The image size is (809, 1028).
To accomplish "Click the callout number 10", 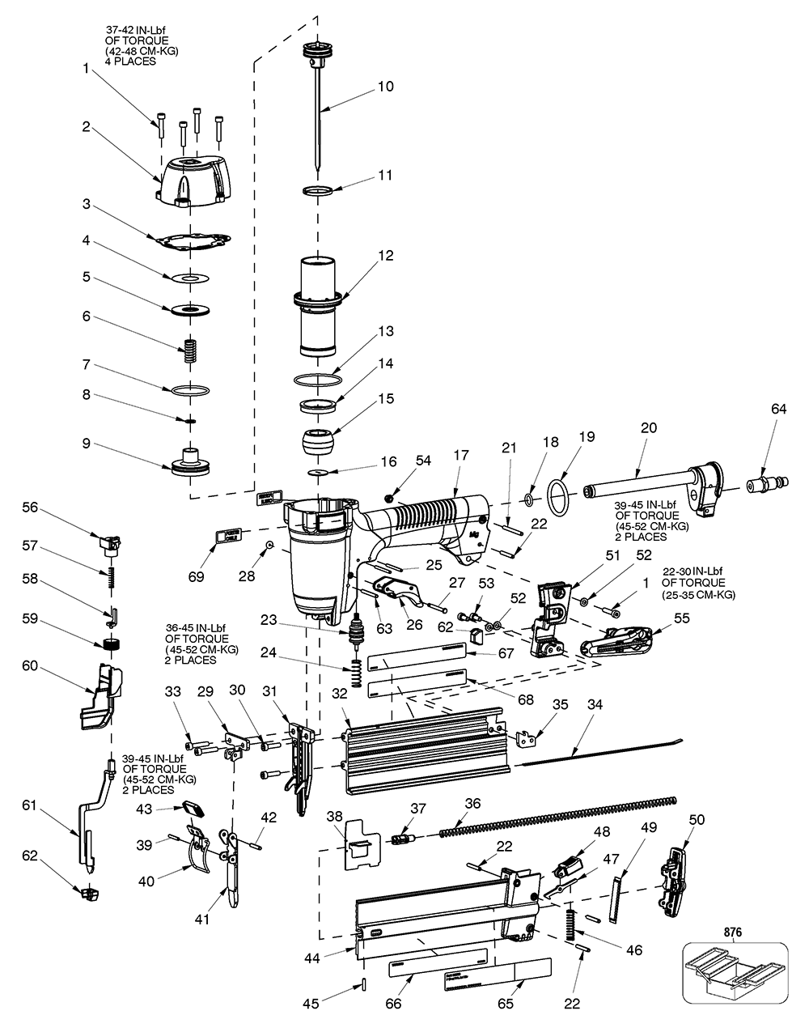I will pos(386,86).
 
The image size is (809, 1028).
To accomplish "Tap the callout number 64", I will pos(778,410).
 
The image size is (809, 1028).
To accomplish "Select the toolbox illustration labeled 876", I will pos(734,983).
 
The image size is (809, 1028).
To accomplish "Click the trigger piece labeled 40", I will pos(200,852).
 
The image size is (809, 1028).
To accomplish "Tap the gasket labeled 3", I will pos(191,240).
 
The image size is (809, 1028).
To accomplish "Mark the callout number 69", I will pos(195,577).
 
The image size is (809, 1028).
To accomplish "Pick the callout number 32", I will pos(339,692).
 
